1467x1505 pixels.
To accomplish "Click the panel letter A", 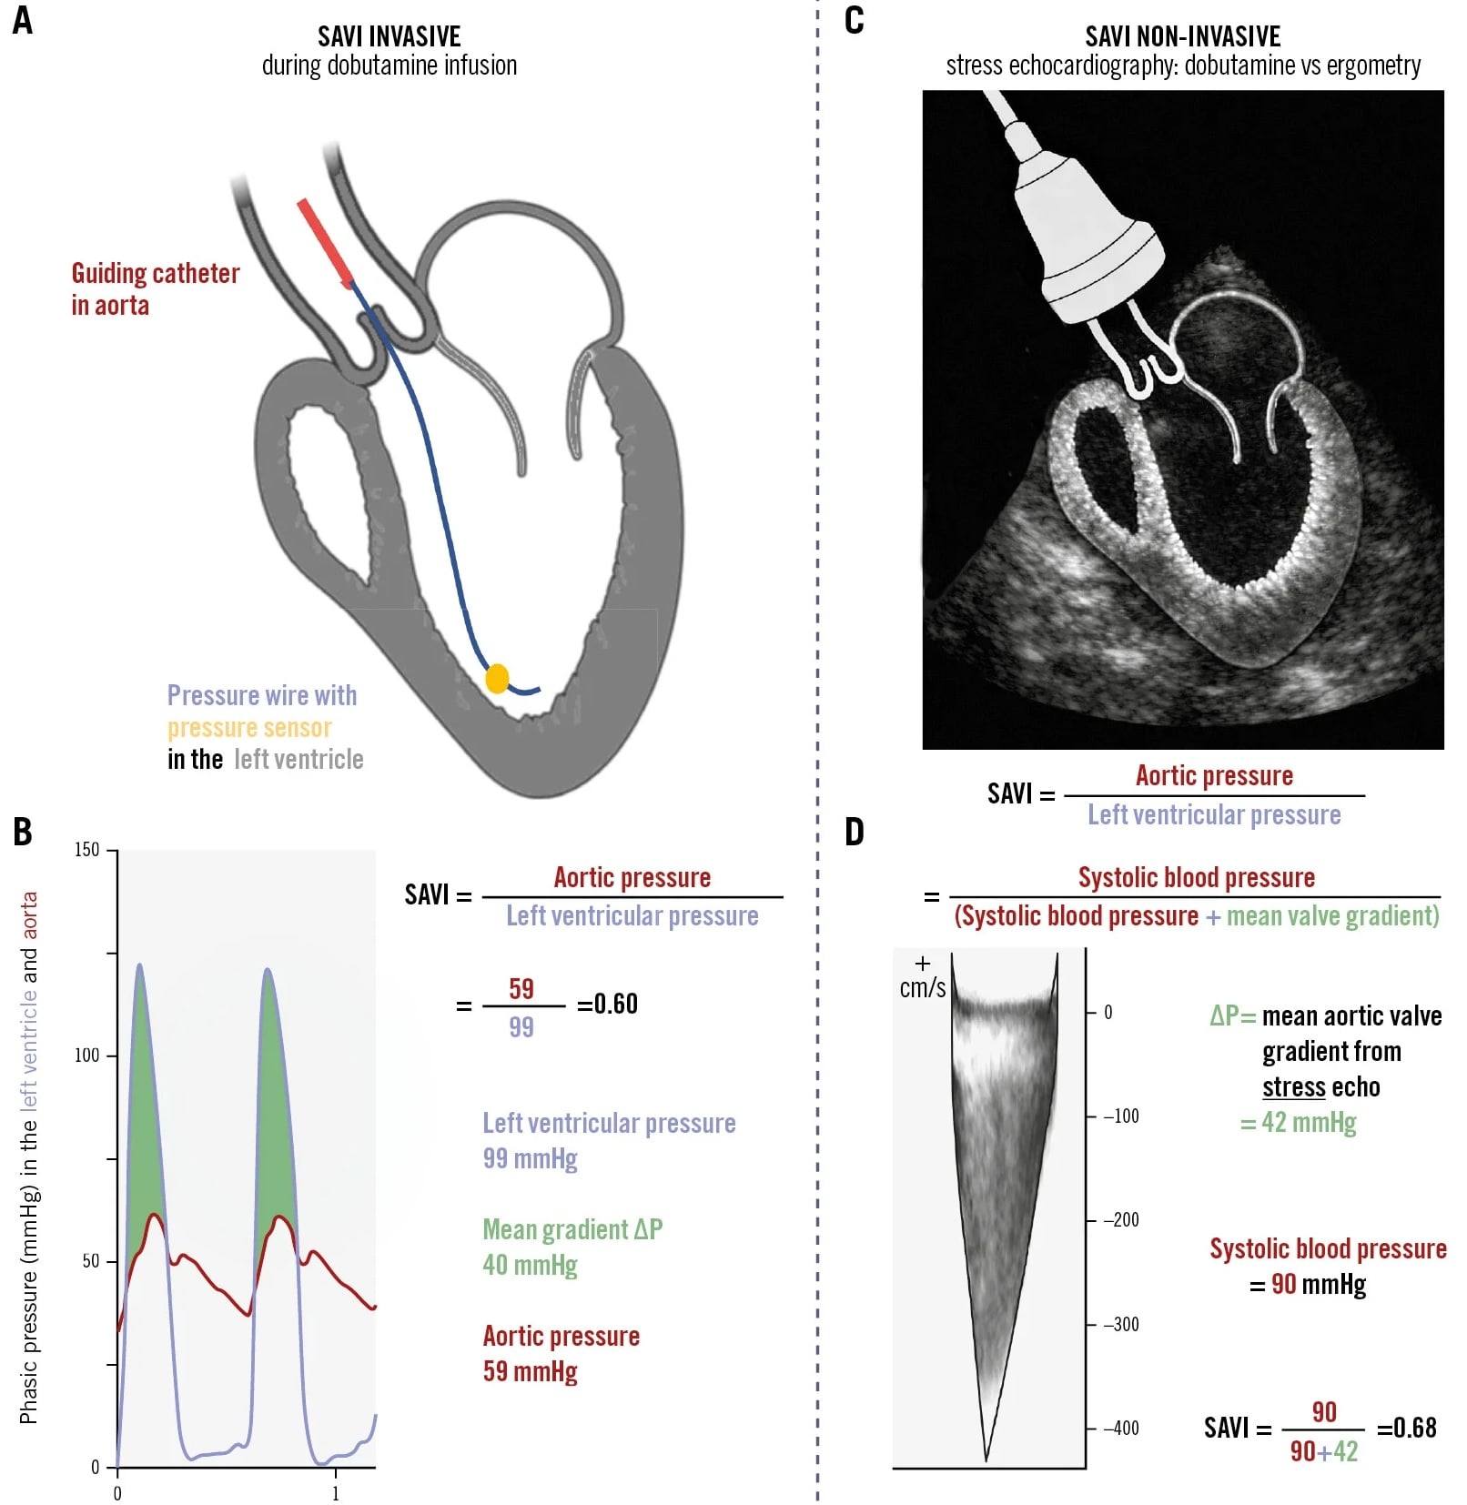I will (x=23, y=20).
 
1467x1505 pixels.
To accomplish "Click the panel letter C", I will (x=854, y=20).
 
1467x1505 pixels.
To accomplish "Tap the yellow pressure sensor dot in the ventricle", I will (x=497, y=678).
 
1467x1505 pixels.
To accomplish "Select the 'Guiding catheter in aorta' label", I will (x=155, y=289).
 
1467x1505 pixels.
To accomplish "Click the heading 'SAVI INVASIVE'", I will (x=389, y=36).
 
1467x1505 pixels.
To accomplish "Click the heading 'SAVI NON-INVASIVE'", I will (x=1182, y=36).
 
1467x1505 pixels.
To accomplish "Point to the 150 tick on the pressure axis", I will (x=87, y=850).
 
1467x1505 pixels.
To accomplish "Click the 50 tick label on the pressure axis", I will (x=90, y=1261).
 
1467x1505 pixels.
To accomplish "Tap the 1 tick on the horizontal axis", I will (x=336, y=1493).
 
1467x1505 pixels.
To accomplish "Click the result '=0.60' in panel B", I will (x=607, y=1005).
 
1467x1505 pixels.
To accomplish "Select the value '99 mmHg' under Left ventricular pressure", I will (x=530, y=1159).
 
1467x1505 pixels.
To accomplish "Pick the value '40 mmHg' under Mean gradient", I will (x=530, y=1266).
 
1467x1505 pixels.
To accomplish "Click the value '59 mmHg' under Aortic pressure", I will (x=530, y=1372).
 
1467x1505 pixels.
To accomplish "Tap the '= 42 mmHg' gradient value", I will (x=1298, y=1123).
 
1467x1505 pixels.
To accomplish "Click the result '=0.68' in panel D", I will (x=1406, y=1428).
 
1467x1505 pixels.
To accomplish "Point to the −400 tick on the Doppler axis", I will (x=1121, y=1429).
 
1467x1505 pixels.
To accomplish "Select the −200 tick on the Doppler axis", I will (x=1121, y=1220).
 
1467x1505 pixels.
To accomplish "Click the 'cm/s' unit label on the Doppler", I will (x=923, y=988).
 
